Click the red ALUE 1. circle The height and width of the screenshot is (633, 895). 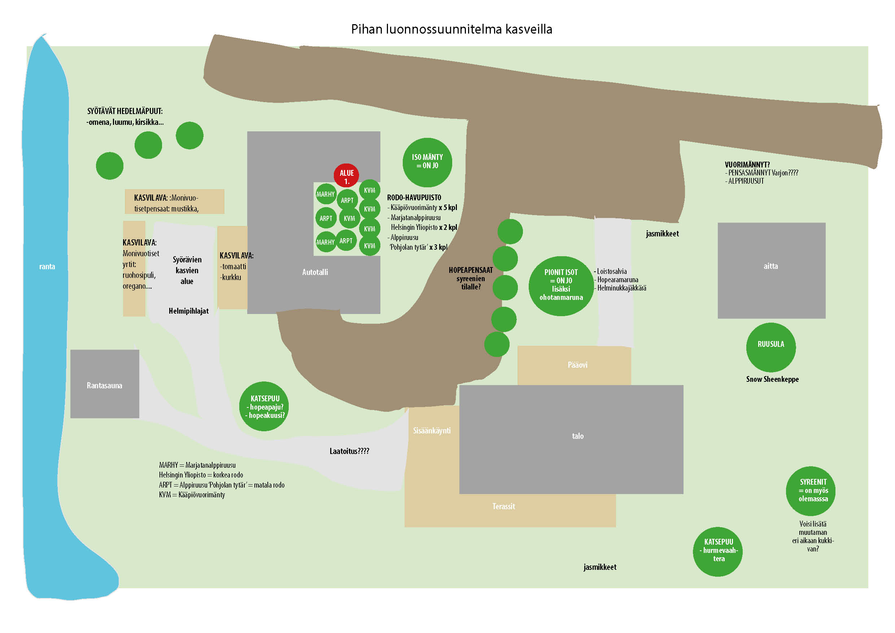click(x=346, y=176)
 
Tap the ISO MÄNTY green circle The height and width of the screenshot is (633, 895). click(x=427, y=162)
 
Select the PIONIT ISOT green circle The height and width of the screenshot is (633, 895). click(x=561, y=286)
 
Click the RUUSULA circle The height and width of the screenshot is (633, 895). click(x=770, y=347)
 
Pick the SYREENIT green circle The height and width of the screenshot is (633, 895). click(x=811, y=491)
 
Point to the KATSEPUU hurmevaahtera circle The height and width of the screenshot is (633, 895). click(x=718, y=551)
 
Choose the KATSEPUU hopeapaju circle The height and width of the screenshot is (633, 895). click(x=264, y=406)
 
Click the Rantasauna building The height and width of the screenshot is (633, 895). click(x=104, y=384)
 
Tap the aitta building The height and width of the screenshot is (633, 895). click(x=771, y=271)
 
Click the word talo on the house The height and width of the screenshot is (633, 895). click(x=578, y=436)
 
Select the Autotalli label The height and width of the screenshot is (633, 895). click(x=315, y=272)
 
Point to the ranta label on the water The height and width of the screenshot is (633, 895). click(x=47, y=267)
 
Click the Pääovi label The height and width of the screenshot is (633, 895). click(x=577, y=365)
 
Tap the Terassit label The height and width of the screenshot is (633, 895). click(x=504, y=506)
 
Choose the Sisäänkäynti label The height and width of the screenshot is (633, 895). click(x=432, y=430)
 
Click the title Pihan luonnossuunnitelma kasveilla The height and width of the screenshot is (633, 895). click(x=451, y=29)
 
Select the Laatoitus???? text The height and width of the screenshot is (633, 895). click(x=349, y=451)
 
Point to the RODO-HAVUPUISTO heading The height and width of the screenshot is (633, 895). click(x=414, y=198)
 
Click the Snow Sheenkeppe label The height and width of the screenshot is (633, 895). click(x=772, y=379)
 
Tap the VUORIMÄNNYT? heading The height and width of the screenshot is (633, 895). click(x=747, y=165)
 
